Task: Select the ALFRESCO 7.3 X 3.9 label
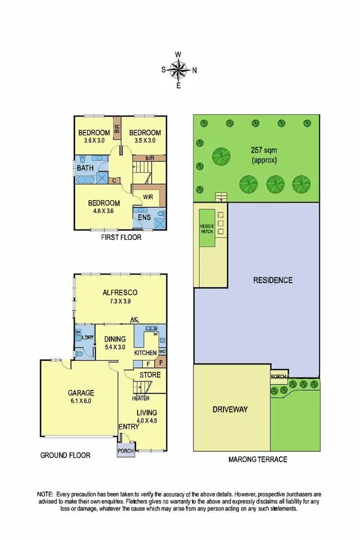120,296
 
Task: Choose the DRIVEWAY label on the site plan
230,409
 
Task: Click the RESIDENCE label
272,280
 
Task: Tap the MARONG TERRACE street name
257,459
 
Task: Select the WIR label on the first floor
147,196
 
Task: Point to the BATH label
84,168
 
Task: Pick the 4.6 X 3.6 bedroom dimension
103,211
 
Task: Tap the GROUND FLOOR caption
65,455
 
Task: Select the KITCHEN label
145,353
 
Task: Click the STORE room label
149,375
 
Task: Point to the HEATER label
140,398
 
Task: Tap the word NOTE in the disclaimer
46,493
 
